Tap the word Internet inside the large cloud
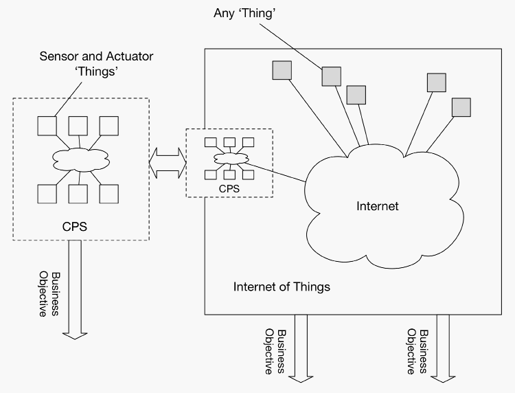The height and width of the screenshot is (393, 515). (x=378, y=205)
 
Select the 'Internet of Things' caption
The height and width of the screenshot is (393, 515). (x=282, y=287)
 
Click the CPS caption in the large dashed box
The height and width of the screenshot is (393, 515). (x=74, y=227)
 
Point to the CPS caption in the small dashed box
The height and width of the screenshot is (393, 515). (x=229, y=186)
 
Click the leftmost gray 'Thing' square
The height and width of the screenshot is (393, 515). (x=282, y=70)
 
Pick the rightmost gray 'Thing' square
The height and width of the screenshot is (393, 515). (x=461, y=107)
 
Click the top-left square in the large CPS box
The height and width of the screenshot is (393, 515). (x=47, y=126)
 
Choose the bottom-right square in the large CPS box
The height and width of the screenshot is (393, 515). (x=108, y=193)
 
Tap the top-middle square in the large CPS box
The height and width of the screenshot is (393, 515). (x=78, y=126)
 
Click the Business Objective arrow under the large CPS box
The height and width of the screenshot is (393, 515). (x=74, y=289)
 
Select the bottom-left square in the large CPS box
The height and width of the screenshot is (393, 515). (x=47, y=193)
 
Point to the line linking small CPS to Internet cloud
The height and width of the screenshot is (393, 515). (x=277, y=172)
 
